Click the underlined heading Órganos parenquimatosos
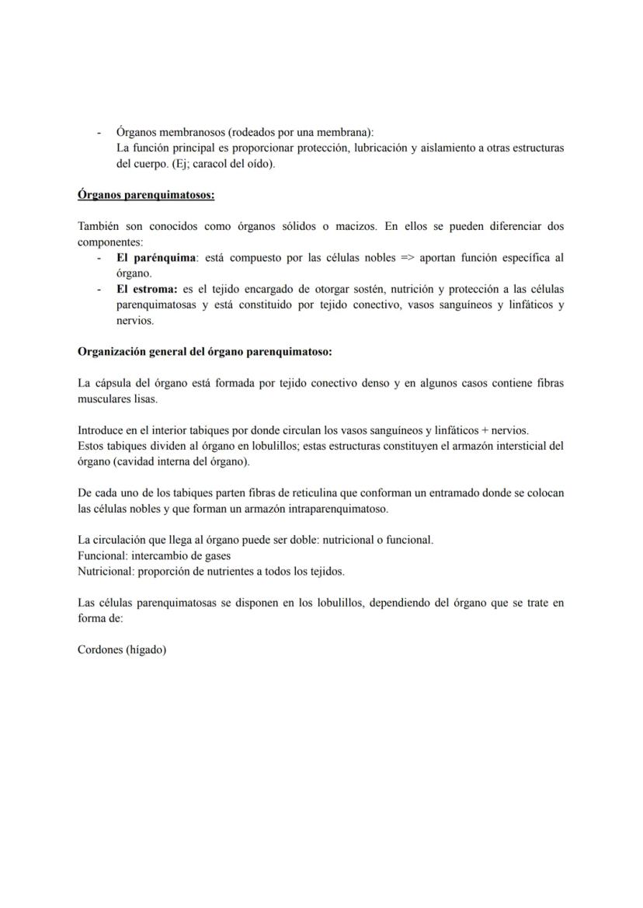coord(146,195)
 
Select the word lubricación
coord(385,148)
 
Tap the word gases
coord(216,555)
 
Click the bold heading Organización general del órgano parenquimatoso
coord(204,351)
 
